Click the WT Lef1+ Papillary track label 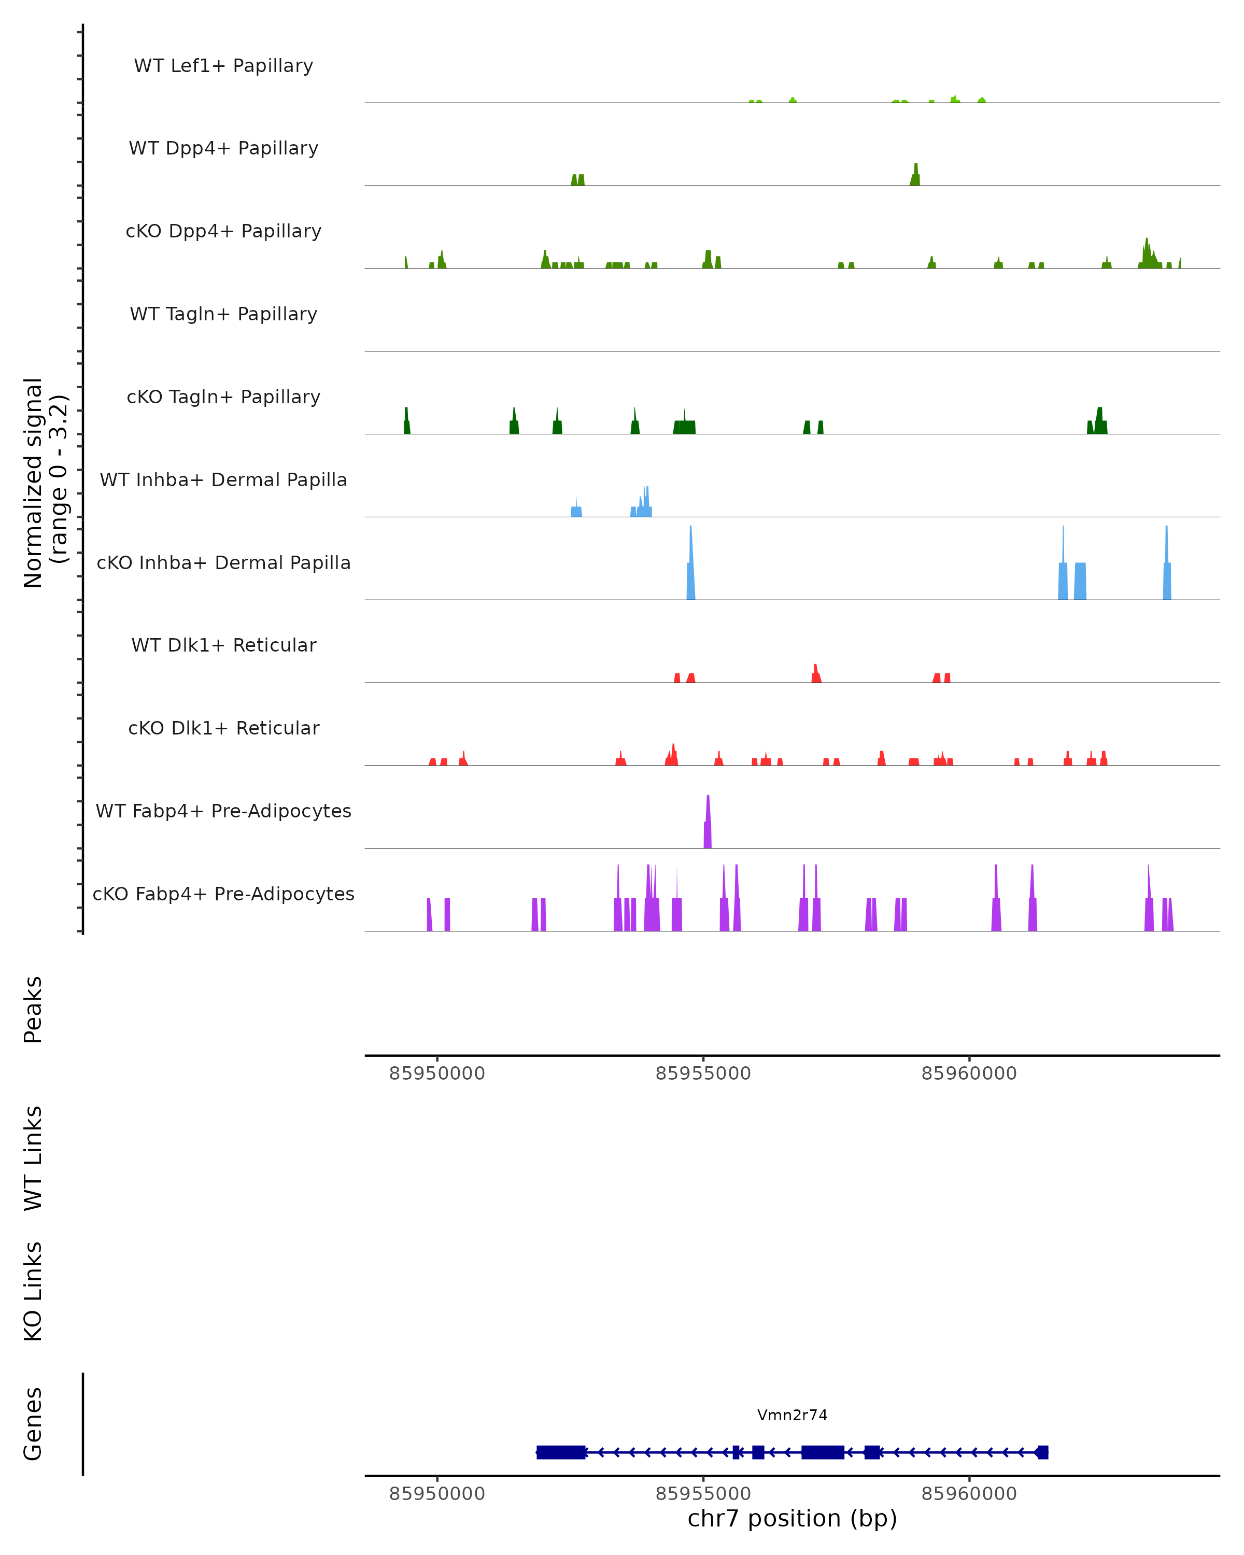coord(223,66)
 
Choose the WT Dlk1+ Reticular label coord(223,645)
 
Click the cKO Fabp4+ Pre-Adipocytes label coord(223,894)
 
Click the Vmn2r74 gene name coord(792,1415)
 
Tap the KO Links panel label coord(33,1291)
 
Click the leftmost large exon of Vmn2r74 coord(560,1452)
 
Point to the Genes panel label coord(33,1424)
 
